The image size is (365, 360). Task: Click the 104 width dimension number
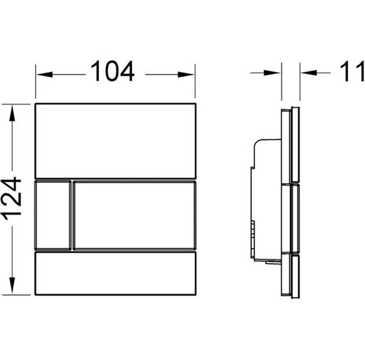coord(112,71)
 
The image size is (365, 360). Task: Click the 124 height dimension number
coord(12,199)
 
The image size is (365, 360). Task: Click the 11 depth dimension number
coord(352,71)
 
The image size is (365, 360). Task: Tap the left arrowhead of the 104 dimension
coord(44,74)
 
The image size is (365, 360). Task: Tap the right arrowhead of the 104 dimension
coord(186,74)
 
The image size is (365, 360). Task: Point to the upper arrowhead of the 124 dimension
coord(12,113)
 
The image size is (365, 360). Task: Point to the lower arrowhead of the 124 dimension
coord(12,286)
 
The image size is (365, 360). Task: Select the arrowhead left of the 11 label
coord(309,73)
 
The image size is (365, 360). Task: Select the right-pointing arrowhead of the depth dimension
coord(273,73)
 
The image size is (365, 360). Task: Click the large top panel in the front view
coord(115,141)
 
